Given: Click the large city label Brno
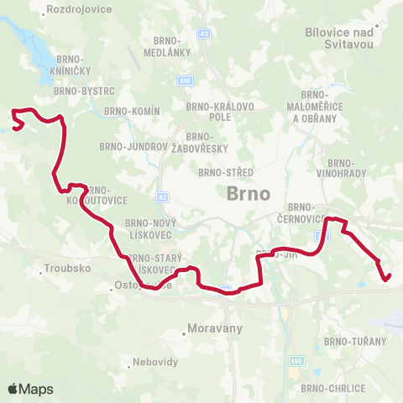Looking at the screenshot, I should [249, 193].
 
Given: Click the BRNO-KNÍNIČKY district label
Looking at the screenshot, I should [76, 65].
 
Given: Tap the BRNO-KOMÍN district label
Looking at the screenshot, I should [133, 111].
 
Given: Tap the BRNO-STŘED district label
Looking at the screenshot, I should [220, 172].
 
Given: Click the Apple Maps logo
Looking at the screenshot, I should [30, 389].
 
